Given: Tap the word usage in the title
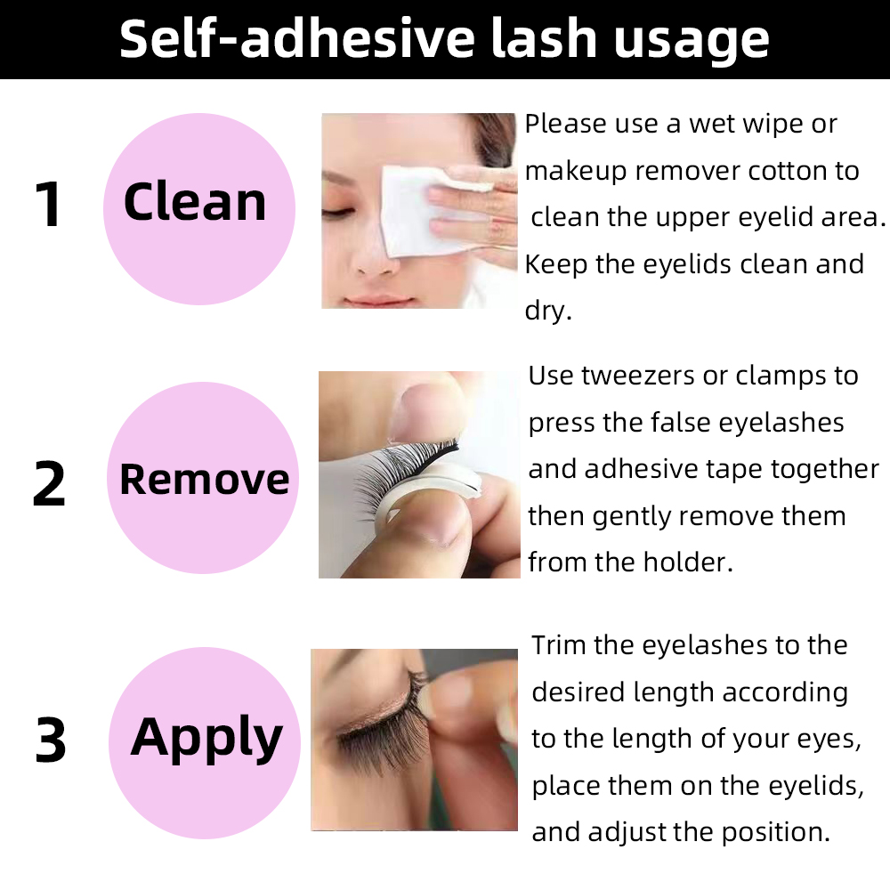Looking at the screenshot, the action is coord(692,41).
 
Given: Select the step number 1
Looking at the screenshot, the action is coord(48,204).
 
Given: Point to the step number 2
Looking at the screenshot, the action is coord(49,482).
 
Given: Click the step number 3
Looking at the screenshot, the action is coord(51,739).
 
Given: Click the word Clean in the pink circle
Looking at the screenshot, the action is coord(195,202).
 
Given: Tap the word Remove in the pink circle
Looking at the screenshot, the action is coord(205,480).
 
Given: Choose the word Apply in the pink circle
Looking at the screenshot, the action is coord(206,738).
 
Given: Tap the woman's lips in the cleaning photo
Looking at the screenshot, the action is coord(379,300).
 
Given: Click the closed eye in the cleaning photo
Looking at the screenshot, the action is coord(337,213).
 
